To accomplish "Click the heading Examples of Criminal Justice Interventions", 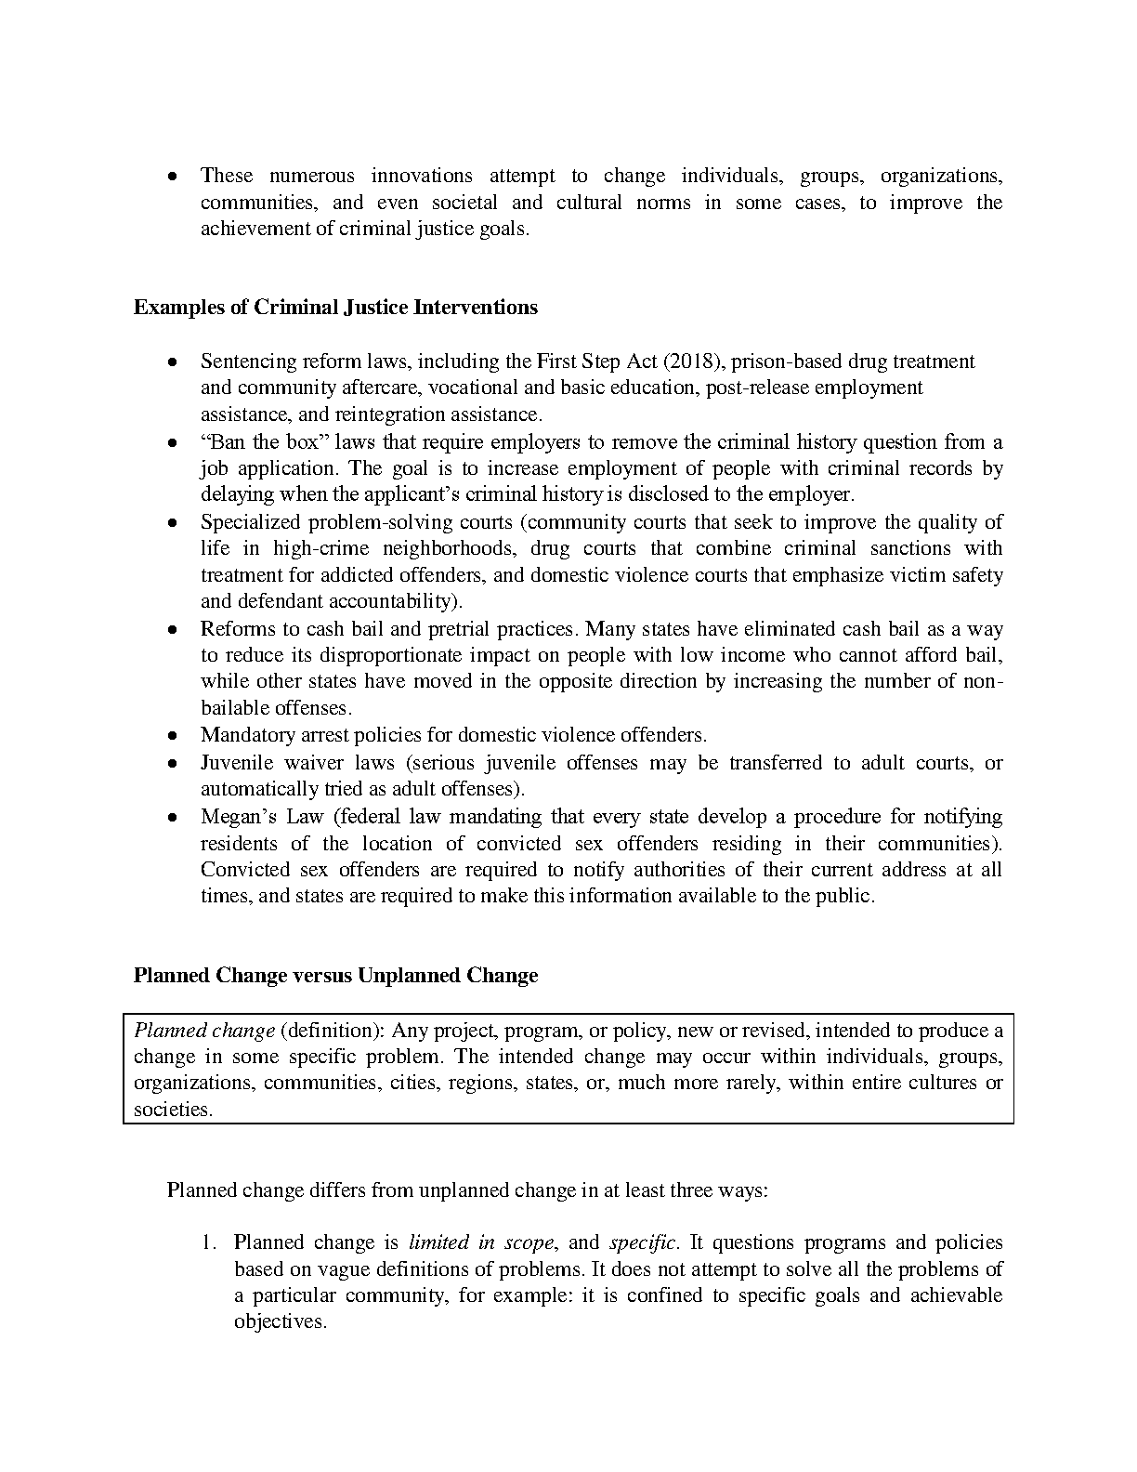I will pos(335,308).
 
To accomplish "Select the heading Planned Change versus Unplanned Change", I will pos(335,976).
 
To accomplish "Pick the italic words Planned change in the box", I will pos(204,1030).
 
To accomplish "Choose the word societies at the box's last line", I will pos(172,1110).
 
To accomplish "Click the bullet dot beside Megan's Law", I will pos(173,818).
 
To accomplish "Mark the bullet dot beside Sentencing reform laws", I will pos(173,361).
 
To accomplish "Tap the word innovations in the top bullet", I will pos(421,176).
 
